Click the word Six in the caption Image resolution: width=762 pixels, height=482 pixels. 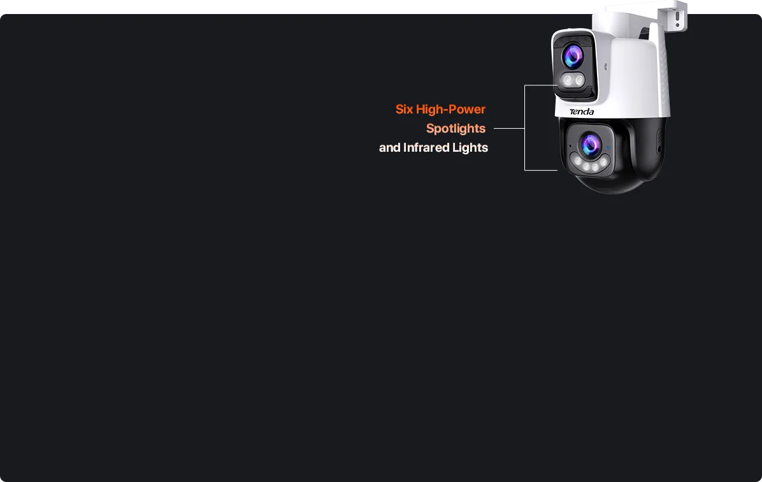pyautogui.click(x=405, y=110)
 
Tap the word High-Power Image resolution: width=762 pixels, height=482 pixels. pyautogui.click(x=451, y=110)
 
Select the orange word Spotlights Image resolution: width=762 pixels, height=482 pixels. pyautogui.click(x=456, y=129)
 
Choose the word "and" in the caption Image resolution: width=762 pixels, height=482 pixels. pyautogui.click(x=389, y=148)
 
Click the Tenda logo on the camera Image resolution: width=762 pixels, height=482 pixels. pyautogui.click(x=582, y=112)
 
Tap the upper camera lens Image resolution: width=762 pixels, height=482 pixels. pyautogui.click(x=573, y=57)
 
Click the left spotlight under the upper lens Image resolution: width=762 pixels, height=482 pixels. pyautogui.click(x=567, y=81)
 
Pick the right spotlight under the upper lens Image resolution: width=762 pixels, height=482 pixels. pyautogui.click(x=579, y=80)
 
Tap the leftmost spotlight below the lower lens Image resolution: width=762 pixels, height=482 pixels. pyautogui.click(x=578, y=162)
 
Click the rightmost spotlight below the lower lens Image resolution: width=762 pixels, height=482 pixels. pyautogui.click(x=603, y=162)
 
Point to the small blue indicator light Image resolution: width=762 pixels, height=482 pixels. pyautogui.click(x=608, y=148)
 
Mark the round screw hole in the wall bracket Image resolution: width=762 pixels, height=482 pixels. pyautogui.click(x=677, y=25)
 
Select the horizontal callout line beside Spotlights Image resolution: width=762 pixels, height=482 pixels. pyautogui.click(x=508, y=129)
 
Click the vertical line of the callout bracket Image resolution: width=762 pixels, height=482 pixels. pyautogui.click(x=524, y=128)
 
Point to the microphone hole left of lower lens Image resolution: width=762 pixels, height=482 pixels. pyautogui.click(x=570, y=146)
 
